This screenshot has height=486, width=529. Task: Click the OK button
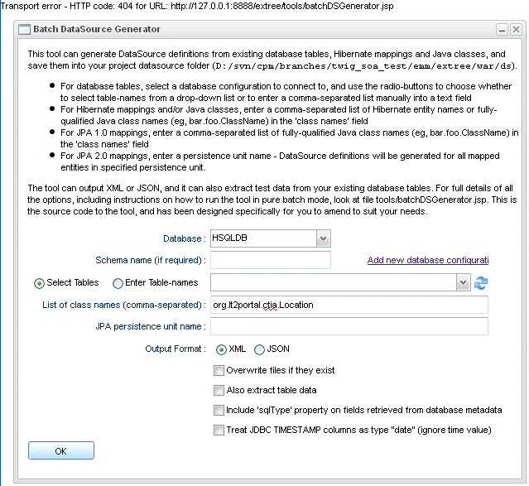point(60,451)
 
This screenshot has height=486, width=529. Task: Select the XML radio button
point(221,349)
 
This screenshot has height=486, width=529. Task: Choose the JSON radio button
point(259,349)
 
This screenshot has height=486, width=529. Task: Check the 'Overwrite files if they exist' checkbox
point(219,370)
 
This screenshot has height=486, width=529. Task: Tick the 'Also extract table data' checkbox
point(219,390)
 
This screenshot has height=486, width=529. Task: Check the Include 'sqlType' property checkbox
point(219,410)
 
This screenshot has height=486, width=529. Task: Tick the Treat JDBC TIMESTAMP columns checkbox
point(219,430)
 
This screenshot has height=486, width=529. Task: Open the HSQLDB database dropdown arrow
point(323,238)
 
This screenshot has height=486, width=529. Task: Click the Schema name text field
point(270,260)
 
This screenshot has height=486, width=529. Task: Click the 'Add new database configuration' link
point(427,261)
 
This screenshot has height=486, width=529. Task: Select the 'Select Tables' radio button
point(39,283)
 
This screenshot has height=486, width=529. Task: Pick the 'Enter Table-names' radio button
point(118,283)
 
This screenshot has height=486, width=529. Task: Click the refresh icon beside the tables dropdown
point(481,283)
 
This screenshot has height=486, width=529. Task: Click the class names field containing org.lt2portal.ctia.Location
point(349,305)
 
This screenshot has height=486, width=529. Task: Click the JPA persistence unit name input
point(349,326)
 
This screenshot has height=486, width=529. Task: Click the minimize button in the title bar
point(502,29)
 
